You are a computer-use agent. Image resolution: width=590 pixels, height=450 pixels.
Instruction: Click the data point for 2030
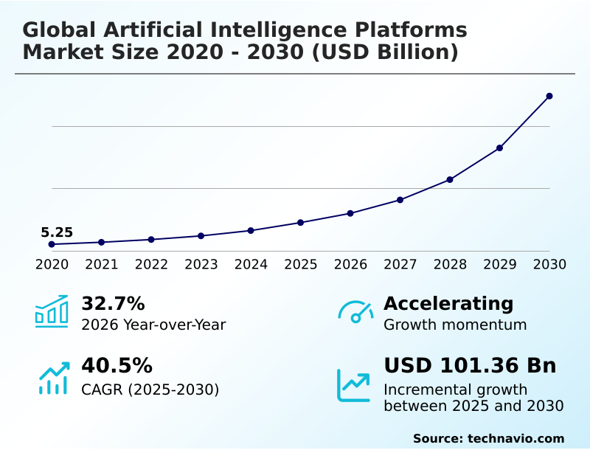549,96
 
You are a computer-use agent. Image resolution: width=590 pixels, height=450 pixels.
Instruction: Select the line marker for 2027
400,200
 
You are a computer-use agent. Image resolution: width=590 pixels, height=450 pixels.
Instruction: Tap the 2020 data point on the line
52,244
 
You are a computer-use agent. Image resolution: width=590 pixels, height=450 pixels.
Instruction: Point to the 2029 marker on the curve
499,148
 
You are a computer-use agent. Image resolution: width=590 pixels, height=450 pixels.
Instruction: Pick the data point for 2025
300,222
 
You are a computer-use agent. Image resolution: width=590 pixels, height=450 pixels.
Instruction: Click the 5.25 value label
57,233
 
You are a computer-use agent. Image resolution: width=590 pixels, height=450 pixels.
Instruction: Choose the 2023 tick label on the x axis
201,264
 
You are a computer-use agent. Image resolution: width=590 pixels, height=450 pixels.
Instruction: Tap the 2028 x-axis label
450,264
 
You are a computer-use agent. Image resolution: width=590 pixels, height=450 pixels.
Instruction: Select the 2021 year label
102,264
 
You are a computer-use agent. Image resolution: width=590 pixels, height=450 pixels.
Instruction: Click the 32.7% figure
113,303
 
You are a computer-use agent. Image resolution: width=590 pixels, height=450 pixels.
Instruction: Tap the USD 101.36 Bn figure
470,365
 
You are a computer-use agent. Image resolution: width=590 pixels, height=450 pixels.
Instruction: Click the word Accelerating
448,303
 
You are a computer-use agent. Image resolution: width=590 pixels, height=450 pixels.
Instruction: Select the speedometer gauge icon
355,312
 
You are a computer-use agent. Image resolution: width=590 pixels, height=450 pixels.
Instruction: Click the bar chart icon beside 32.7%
52,311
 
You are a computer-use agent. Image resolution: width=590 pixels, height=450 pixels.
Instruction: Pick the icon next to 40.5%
53,378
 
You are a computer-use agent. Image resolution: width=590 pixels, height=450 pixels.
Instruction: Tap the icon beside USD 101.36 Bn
354,384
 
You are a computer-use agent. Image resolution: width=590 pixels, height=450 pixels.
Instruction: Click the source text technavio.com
516,438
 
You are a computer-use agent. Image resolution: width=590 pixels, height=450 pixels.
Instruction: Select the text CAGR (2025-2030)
150,389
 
